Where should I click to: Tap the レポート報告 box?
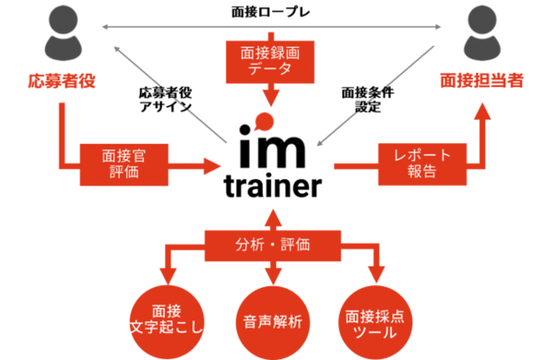(x=417, y=163)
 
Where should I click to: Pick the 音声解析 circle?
(x=272, y=319)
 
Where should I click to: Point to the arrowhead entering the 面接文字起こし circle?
(x=166, y=272)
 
